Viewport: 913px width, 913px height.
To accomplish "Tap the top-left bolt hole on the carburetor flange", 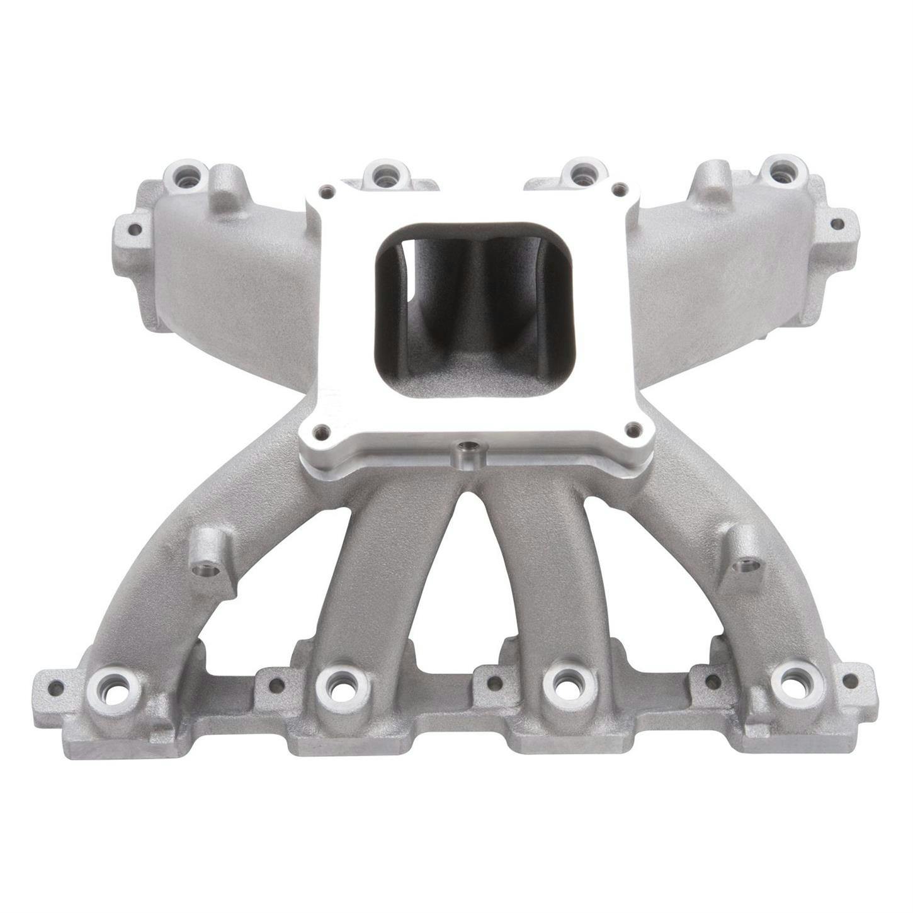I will (326, 189).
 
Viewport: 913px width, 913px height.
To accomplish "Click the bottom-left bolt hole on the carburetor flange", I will (322, 431).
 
